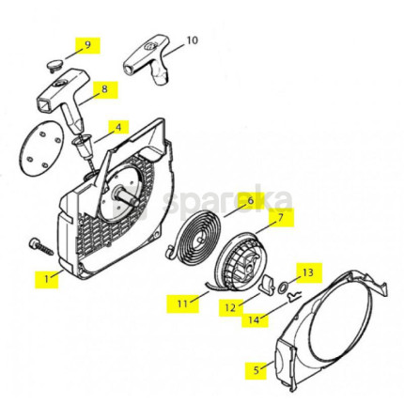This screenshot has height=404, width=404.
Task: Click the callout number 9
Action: click(x=87, y=44)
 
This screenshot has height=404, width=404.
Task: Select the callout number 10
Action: click(x=193, y=40)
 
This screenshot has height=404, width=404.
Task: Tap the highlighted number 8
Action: click(x=104, y=89)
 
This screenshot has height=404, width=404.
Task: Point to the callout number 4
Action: click(x=118, y=128)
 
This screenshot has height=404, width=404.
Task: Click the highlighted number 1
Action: click(x=46, y=279)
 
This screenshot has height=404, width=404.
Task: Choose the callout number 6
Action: click(x=251, y=200)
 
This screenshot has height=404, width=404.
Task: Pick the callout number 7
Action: click(x=280, y=217)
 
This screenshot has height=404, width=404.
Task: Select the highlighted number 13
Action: click(x=308, y=272)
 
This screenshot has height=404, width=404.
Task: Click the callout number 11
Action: click(x=182, y=303)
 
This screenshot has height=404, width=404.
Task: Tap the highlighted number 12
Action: click(x=230, y=308)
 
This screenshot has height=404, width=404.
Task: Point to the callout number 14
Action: click(x=255, y=319)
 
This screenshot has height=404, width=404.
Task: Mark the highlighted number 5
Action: click(x=256, y=370)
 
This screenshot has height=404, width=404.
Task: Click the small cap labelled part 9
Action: click(x=55, y=66)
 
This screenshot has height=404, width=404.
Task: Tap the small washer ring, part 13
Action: click(x=284, y=287)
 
